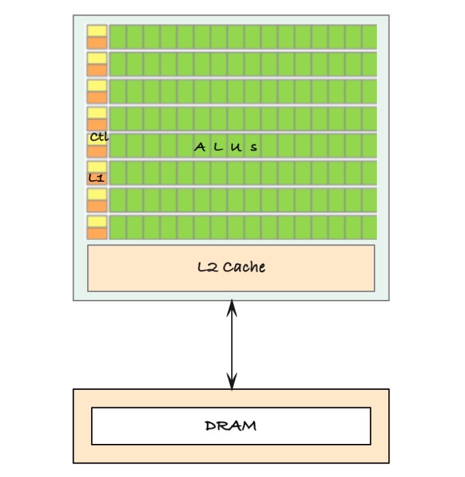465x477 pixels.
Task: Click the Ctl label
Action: pyautogui.click(x=99, y=137)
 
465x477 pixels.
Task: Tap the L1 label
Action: pyautogui.click(x=96, y=177)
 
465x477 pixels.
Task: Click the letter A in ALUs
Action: pyautogui.click(x=200, y=147)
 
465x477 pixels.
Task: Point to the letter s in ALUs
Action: pyautogui.click(x=254, y=148)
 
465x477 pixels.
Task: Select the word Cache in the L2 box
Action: pyautogui.click(x=243, y=267)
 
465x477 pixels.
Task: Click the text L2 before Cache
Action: pyautogui.click(x=207, y=267)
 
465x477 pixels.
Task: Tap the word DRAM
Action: pyautogui.click(x=231, y=426)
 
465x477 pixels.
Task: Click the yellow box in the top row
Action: pyautogui.click(x=97, y=30)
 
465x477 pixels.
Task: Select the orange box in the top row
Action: pyautogui.click(x=97, y=43)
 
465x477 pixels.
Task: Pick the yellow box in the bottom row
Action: pyautogui.click(x=97, y=222)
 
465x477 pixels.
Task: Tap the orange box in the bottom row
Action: pyautogui.click(x=97, y=233)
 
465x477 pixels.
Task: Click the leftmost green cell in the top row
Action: pyautogui.click(x=118, y=36)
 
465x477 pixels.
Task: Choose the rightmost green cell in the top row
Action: pyautogui.click(x=369, y=36)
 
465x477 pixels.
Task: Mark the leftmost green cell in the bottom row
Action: pyautogui.click(x=118, y=228)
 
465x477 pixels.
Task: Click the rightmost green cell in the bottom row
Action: pyautogui.click(x=369, y=228)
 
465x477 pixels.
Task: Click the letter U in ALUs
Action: pyautogui.click(x=236, y=147)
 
